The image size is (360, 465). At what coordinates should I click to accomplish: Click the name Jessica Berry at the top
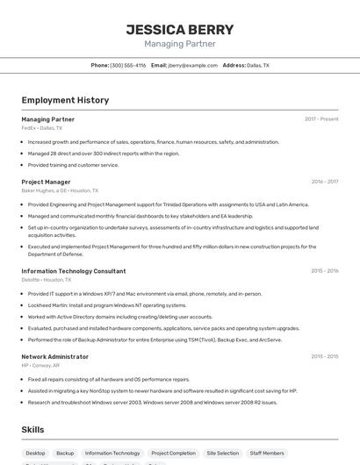(179, 28)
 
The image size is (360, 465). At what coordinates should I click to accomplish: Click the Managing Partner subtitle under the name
(179, 43)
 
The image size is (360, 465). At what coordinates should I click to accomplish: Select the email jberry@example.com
(193, 65)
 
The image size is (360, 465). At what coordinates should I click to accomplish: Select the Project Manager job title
(46, 182)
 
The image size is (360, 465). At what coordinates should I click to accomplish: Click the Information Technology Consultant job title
(74, 271)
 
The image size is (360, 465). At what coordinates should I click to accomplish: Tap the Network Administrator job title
(54, 357)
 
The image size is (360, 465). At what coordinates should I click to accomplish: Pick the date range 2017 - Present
(321, 118)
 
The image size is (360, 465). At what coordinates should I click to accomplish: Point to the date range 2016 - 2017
(324, 182)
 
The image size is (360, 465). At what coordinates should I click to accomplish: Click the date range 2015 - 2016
(324, 271)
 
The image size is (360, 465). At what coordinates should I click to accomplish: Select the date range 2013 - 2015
(324, 357)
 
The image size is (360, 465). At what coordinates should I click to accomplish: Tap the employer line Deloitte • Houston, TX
(47, 280)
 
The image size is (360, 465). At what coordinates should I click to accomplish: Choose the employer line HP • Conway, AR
(40, 366)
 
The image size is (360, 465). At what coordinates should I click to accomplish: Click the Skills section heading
(33, 429)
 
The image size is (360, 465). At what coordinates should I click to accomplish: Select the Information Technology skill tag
(112, 453)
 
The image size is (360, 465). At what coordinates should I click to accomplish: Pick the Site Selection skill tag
(222, 453)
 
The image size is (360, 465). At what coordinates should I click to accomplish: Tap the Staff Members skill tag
(267, 453)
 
